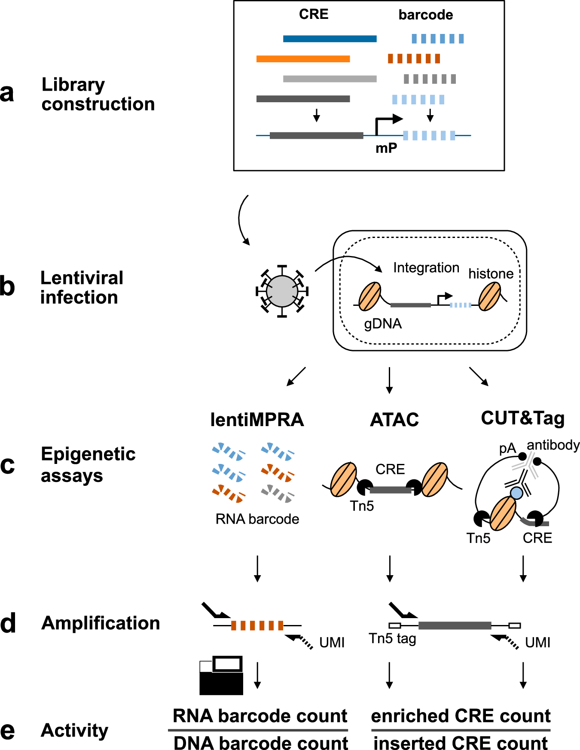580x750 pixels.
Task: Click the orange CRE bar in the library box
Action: click(x=303, y=59)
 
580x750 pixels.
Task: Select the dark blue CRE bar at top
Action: click(x=330, y=39)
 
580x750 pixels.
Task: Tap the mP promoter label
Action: click(x=386, y=148)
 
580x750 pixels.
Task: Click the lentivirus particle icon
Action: click(x=282, y=291)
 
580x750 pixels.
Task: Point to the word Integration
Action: click(x=426, y=268)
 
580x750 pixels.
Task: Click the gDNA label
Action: click(x=382, y=323)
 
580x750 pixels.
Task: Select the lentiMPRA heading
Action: click(x=257, y=420)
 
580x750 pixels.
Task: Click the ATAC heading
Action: click(x=394, y=420)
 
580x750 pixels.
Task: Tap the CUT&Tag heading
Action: click(x=522, y=418)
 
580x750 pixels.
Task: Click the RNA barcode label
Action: click(x=257, y=519)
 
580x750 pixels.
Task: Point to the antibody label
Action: click(x=553, y=445)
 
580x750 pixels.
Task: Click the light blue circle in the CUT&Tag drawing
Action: click(x=516, y=493)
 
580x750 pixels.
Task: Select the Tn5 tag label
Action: click(x=392, y=639)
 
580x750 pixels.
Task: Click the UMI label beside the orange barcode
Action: click(x=332, y=643)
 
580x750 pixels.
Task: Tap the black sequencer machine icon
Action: click(x=221, y=676)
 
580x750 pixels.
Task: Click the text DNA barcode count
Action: click(x=260, y=743)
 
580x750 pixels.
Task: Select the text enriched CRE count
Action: click(x=461, y=716)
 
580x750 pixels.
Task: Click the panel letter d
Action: click(x=8, y=624)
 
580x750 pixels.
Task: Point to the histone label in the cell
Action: click(x=491, y=274)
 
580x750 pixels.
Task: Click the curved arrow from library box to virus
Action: click(x=241, y=219)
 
